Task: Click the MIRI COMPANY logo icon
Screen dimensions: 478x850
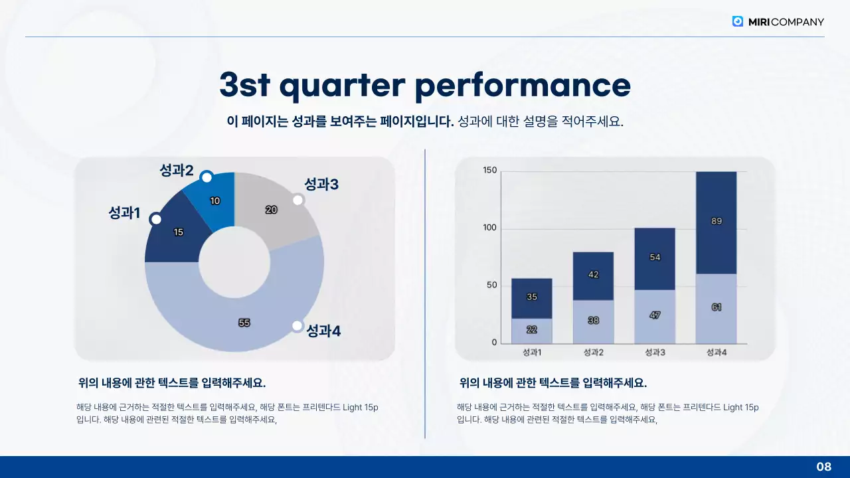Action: [738, 21]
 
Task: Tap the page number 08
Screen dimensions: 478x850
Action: [823, 467]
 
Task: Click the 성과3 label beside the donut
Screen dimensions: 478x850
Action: [321, 185]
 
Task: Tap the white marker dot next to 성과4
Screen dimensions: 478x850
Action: [297, 326]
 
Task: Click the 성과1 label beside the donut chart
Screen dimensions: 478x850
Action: [124, 213]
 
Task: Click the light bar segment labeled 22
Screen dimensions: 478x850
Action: [532, 331]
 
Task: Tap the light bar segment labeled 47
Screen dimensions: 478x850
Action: [655, 316]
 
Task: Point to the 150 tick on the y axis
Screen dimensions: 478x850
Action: [489, 171]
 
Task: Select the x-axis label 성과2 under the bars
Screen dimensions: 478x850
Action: [593, 353]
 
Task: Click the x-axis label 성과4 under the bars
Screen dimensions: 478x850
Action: [716, 353]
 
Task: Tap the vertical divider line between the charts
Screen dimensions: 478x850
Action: [425, 292]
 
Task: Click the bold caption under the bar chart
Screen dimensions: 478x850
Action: [552, 383]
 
